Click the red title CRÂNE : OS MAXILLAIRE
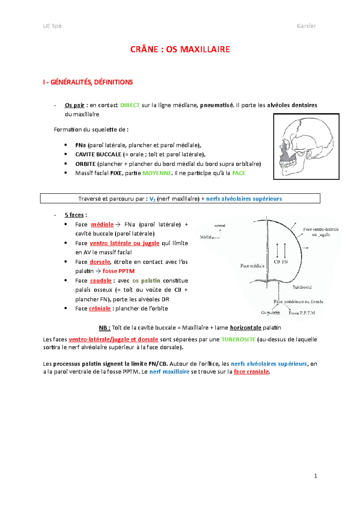coord(180,49)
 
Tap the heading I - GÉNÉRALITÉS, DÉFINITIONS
coord(88,82)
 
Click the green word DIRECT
coord(130,105)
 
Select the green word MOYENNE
coord(157,173)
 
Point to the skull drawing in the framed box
coord(306,147)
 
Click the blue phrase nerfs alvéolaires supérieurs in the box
coord(244,199)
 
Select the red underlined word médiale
coord(102,225)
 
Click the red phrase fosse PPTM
coord(118,271)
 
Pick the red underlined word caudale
coord(101,281)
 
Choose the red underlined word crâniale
coord(100,308)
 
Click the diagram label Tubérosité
coord(302,287)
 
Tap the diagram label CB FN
coord(281,262)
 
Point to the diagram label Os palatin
coord(270,313)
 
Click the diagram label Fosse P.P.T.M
coord(302,313)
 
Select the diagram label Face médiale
coord(252,266)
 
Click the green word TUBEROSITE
coord(238,339)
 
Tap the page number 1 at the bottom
coord(315,476)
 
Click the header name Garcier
coord(306,26)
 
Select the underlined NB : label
coord(105,328)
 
